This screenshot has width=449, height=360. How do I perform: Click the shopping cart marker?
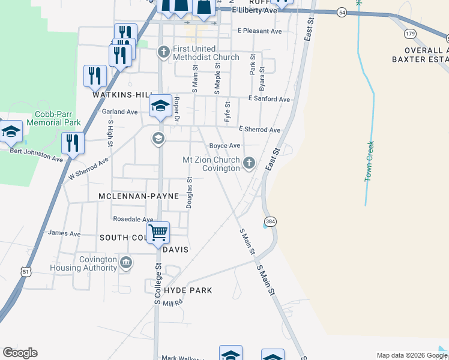[x=158, y=232]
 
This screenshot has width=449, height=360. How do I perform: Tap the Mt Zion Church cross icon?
[x=249, y=163]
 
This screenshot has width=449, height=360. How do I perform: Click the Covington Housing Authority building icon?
[x=126, y=262]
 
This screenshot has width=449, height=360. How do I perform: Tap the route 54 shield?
[x=341, y=12]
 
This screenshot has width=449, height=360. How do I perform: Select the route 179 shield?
[x=411, y=33]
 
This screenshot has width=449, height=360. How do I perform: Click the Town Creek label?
[x=370, y=161]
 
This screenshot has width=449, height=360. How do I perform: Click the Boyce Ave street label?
[x=224, y=146]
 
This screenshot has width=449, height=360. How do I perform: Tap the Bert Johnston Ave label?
[x=36, y=155]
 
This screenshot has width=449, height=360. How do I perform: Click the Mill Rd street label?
[x=172, y=304]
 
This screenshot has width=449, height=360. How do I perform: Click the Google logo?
[x=20, y=353]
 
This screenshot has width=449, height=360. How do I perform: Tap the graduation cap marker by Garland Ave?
[x=160, y=106]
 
